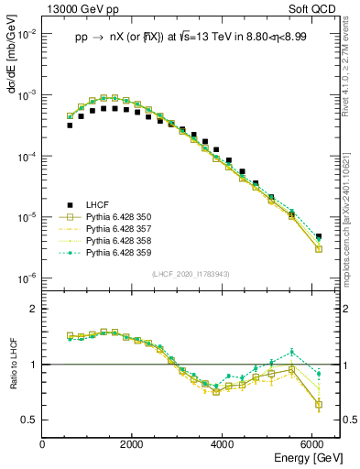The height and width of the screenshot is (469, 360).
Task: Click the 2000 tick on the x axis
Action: point(133,444)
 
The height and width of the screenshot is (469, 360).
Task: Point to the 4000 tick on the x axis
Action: point(223,444)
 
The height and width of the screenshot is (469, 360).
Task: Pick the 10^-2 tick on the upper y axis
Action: point(27,34)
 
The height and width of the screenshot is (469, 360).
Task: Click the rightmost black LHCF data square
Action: point(318,237)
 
